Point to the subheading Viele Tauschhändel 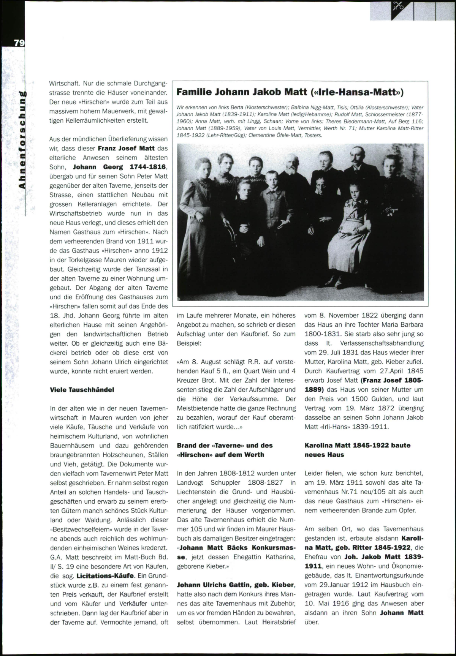click(x=82, y=390)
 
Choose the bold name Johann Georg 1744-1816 click(x=120, y=167)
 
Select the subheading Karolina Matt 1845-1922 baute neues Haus click(x=357, y=450)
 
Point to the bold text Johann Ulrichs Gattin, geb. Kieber click(x=236, y=585)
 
